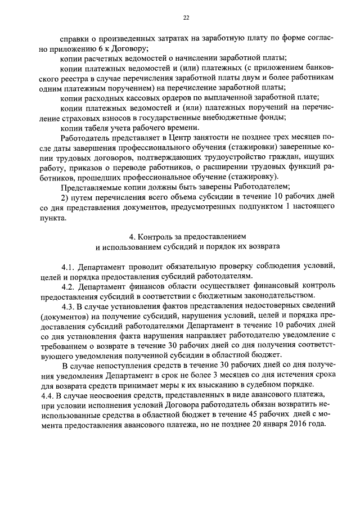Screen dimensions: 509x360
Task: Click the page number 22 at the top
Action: [186, 18]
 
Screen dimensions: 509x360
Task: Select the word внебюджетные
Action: [233, 118]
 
